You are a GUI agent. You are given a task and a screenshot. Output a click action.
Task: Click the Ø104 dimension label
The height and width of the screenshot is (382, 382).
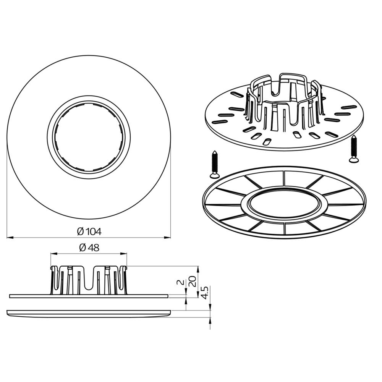click(89, 231)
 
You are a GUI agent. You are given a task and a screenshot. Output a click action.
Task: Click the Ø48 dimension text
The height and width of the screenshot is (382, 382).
click(89, 248)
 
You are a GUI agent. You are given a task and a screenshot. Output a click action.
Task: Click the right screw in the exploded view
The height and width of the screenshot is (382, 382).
click(354, 149)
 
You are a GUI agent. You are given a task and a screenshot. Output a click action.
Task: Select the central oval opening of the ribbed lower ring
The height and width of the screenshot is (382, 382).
click(284, 201)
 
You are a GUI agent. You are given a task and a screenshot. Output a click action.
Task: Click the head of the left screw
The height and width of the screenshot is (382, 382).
click(215, 175)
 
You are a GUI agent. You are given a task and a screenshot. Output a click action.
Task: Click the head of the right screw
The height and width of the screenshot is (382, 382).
click(354, 160)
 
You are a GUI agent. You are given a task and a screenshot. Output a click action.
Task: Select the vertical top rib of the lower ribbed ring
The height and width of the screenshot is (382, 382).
click(284, 178)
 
